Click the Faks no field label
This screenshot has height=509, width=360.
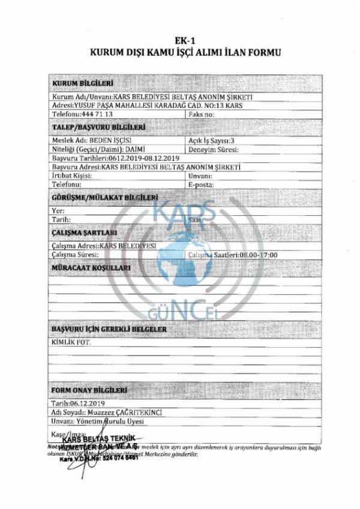[x=201, y=113]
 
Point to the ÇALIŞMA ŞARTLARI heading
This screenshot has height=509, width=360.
[x=84, y=232]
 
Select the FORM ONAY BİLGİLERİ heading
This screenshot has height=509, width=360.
[x=90, y=390]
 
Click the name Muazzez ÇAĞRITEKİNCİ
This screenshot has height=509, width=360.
[x=132, y=412]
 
